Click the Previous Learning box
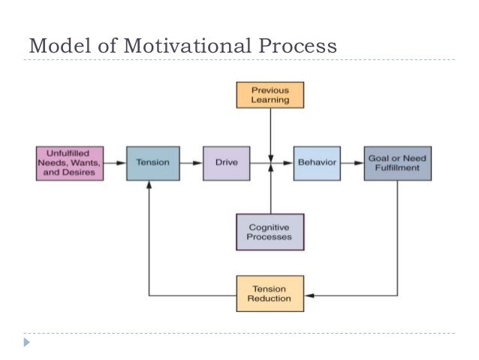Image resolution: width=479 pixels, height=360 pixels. (x=270, y=95)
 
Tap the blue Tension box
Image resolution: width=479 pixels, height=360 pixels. (x=152, y=163)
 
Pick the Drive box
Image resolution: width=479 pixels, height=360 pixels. (x=226, y=163)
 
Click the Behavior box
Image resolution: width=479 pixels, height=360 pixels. (x=317, y=163)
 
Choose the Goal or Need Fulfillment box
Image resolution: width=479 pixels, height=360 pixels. (x=397, y=163)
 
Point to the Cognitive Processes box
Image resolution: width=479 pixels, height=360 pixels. (x=270, y=231)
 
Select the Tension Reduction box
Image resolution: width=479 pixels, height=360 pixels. (x=270, y=294)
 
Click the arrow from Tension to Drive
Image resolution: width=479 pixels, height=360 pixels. (x=191, y=163)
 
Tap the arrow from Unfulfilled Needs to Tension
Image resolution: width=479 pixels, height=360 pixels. (x=113, y=163)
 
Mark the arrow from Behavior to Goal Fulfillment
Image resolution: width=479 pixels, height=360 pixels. (x=352, y=163)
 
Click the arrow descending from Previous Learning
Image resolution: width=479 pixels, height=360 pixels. (x=270, y=132)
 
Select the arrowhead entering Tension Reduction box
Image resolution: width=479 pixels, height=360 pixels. (x=308, y=294)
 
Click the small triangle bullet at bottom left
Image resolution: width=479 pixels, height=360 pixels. (x=27, y=343)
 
